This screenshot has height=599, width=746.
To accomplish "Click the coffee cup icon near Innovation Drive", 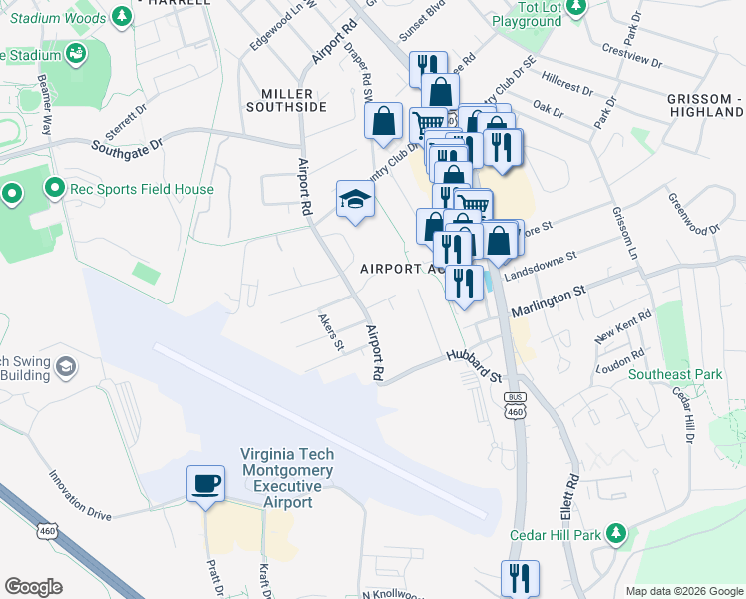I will [206, 484].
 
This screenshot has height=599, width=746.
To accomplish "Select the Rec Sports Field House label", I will [140, 189].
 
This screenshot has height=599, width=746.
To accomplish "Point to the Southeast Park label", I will [675, 375].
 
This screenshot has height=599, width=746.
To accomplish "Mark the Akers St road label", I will [330, 333].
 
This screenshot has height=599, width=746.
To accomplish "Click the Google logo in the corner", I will [34, 587].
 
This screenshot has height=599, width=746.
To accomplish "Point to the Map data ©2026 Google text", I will [683, 591].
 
